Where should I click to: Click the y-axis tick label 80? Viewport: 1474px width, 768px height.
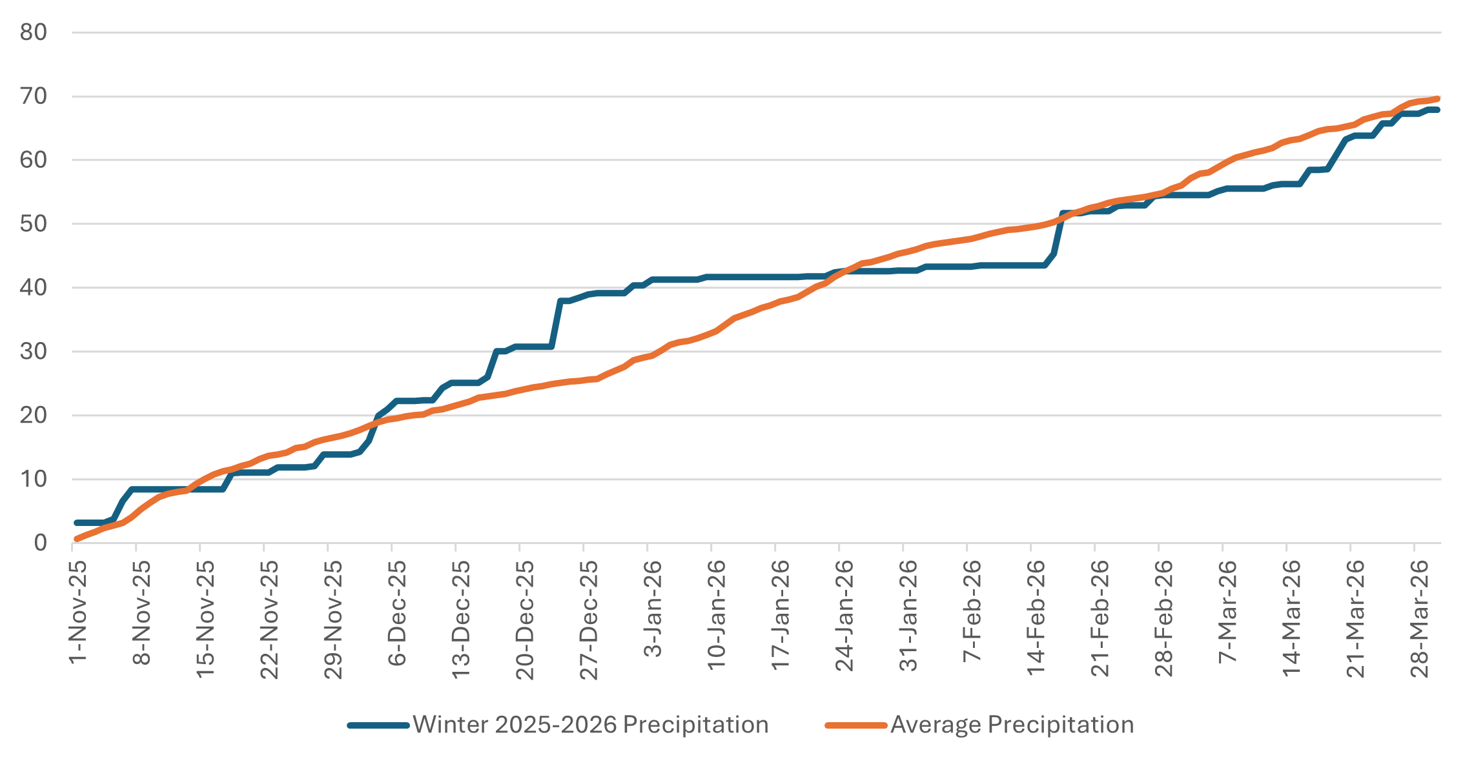pos(34,32)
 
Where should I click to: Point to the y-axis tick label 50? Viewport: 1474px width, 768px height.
pos(34,224)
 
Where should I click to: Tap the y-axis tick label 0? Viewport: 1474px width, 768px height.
pos(41,543)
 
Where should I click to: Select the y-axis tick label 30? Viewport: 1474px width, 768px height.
pos(34,352)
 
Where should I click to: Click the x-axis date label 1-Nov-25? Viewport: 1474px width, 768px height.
pos(78,612)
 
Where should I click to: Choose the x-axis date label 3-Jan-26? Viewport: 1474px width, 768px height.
pos(653,608)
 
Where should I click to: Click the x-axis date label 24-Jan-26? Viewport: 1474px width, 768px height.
pos(844,615)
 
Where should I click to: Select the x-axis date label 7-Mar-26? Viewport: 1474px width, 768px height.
pos(1228,611)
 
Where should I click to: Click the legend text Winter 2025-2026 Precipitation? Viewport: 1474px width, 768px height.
pos(590,725)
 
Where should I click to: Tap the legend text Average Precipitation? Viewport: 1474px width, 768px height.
pos(1012,725)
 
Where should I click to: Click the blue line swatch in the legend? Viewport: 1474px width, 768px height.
pos(378,725)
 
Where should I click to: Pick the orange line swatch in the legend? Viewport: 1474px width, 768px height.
pos(856,725)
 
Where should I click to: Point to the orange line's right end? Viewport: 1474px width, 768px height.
pos(1437,99)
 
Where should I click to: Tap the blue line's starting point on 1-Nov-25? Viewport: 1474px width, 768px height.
pos(76,522)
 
